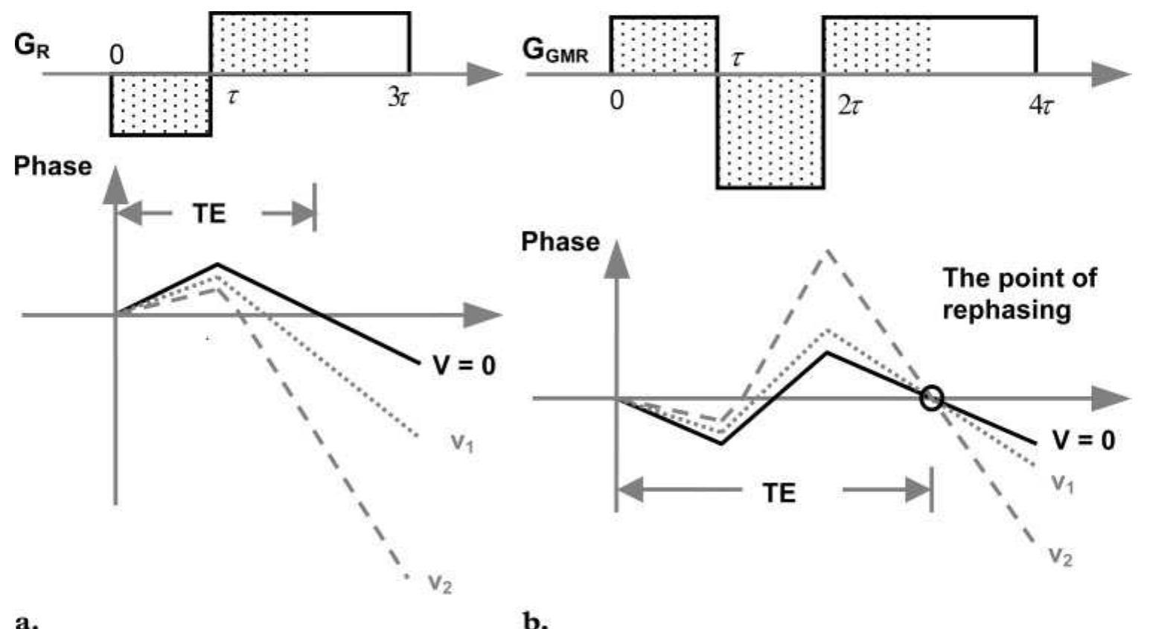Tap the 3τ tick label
tap(398, 98)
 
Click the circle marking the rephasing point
tap(930, 398)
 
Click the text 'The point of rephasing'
tap(1018, 293)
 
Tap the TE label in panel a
tap(209, 214)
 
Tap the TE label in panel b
tap(779, 492)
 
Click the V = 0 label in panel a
tap(464, 365)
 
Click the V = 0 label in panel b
tap(1083, 440)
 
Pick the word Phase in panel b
tap(560, 242)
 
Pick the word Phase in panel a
tap(52, 165)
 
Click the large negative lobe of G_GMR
tap(770, 130)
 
